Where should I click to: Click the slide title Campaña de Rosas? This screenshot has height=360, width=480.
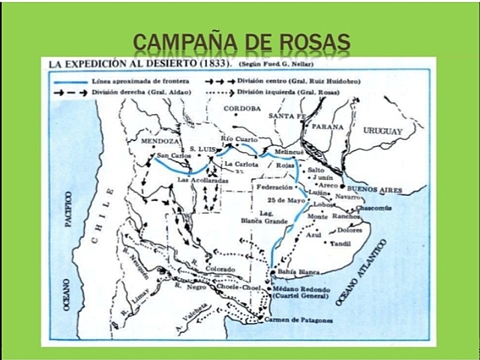point(241,39)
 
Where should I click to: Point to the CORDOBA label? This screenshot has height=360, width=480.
point(241,108)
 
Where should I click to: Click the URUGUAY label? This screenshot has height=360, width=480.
point(383,130)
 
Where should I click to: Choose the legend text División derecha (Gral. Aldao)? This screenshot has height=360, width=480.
point(144,91)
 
